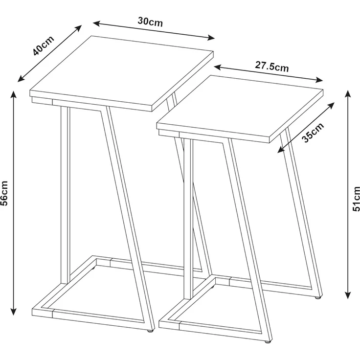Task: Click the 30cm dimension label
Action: [x=150, y=22]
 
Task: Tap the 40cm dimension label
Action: [x=43, y=45]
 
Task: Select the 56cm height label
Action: [x=4, y=193]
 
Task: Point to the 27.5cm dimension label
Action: [x=271, y=67]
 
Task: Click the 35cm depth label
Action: [x=313, y=133]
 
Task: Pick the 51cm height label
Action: [x=356, y=199]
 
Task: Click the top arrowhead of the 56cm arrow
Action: [x=14, y=94]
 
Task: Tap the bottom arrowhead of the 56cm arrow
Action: [x=14, y=312]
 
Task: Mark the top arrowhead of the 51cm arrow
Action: [x=348, y=94]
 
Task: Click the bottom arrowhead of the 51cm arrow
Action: [x=348, y=295]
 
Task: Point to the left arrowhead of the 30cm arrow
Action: [x=96, y=23]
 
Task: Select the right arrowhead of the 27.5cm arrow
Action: [x=319, y=80]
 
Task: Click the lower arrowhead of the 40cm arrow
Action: [x=21, y=79]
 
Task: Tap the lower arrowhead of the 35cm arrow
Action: [x=281, y=150]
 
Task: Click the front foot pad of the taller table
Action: [x=150, y=331]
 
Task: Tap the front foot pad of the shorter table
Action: [x=267, y=341]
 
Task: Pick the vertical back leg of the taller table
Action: [x=65, y=195]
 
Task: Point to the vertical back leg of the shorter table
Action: [x=188, y=219]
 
